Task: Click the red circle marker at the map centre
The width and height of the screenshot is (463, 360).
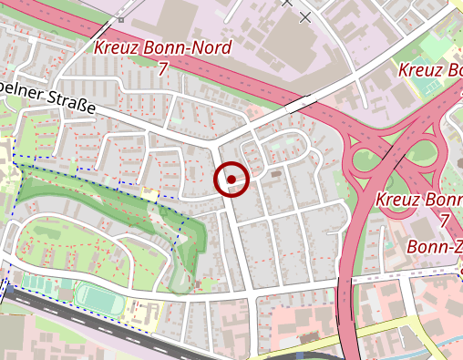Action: coord(231,180)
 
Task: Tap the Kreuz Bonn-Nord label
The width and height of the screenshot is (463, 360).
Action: coord(163,48)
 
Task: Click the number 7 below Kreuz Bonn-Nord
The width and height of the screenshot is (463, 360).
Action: coord(163,69)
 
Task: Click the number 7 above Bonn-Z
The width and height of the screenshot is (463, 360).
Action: coord(444,221)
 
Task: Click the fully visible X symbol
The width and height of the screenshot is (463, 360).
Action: coord(304,17)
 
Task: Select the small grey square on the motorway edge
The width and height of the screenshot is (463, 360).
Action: coord(121,18)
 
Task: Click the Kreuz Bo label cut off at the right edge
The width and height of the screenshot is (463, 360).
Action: coord(430,70)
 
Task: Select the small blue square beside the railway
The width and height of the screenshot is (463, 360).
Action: coord(4,293)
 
